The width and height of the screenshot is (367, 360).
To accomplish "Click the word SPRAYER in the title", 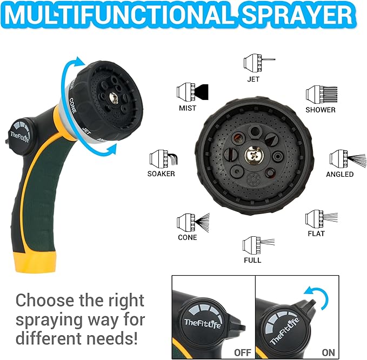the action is point(297,15).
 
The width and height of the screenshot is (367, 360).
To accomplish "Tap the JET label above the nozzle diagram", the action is point(253,79).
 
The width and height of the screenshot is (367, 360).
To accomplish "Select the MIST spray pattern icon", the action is point(192,92).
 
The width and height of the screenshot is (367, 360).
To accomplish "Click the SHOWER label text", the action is point(321,110).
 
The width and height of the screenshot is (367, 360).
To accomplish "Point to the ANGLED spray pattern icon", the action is point(348,159).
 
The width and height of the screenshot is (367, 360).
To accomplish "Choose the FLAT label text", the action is point(316,234).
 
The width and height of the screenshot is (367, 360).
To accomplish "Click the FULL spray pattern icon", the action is point(258,245).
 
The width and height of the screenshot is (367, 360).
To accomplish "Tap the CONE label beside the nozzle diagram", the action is point(187,237).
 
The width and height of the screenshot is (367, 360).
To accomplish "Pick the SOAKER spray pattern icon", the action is point(164,159).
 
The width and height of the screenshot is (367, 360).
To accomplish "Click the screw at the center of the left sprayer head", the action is point(114,97).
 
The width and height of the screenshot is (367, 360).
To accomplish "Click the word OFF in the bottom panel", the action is point(243,352).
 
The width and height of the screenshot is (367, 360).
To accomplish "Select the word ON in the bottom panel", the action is point(329,352).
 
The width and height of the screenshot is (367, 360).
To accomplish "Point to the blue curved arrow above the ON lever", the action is point(320,295).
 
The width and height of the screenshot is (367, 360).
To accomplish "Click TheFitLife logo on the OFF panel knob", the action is point(203,323).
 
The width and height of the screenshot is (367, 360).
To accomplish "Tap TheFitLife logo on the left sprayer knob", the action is point(19,136).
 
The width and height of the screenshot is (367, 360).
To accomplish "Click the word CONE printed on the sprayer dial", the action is point(72,105).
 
